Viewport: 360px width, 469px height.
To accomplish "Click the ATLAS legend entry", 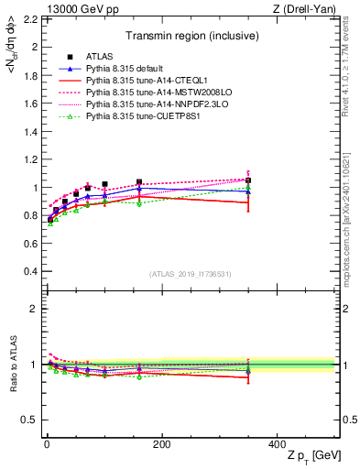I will [x=100, y=58].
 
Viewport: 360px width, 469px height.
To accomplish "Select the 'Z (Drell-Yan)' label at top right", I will [x=309, y=8].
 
